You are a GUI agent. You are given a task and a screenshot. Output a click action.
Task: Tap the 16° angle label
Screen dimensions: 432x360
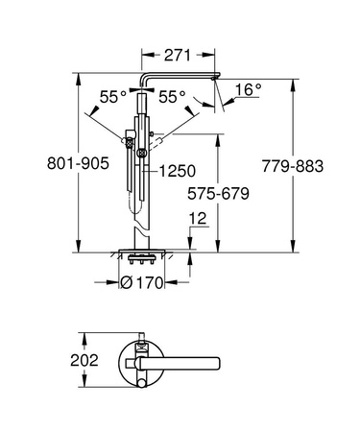[248, 90]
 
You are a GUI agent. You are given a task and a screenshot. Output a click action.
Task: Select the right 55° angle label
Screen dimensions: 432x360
[174, 98]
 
